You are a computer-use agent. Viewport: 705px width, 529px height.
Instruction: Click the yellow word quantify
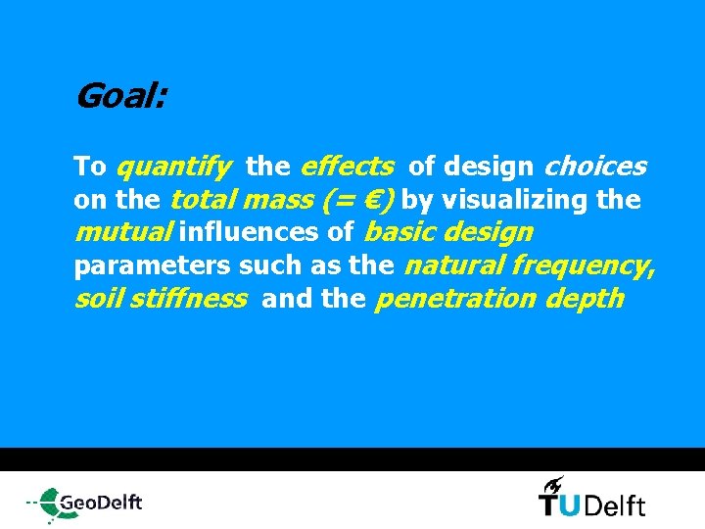pyautogui.click(x=173, y=168)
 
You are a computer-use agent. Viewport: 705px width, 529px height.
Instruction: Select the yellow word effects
pyautogui.click(x=348, y=168)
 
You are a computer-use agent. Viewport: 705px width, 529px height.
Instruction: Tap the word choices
pyautogui.click(x=595, y=168)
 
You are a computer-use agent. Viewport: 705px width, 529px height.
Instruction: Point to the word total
pyautogui.click(x=202, y=201)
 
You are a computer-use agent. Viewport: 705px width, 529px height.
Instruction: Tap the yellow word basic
pyautogui.click(x=399, y=233)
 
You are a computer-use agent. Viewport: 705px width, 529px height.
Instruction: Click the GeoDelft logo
pyautogui.click(x=85, y=503)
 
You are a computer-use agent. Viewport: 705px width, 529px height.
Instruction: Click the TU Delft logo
pyautogui.click(x=591, y=504)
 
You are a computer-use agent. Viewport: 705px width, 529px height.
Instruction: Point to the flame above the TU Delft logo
pyautogui.click(x=553, y=483)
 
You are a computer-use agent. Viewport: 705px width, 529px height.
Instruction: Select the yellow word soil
pyautogui.click(x=96, y=299)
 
